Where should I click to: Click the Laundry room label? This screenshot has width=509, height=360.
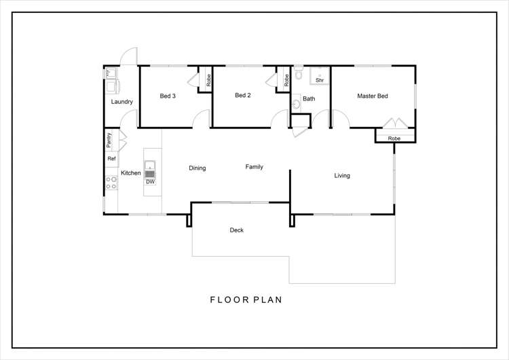(121, 102)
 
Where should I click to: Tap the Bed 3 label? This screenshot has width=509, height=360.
(168, 96)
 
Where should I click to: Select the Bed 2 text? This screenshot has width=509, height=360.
(243, 95)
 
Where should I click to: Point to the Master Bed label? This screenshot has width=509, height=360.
(373, 96)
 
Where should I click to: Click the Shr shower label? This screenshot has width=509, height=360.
(320, 80)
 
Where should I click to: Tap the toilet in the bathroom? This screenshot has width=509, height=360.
(299, 73)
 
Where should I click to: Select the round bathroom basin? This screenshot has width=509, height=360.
(296, 104)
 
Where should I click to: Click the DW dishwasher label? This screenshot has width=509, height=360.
(150, 182)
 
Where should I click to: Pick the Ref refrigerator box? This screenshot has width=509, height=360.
(111, 159)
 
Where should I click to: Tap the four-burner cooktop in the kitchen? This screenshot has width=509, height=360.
(111, 183)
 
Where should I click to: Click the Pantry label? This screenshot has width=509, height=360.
(109, 140)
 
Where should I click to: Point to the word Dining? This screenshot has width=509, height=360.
(197, 168)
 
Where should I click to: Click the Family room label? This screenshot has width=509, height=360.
(254, 166)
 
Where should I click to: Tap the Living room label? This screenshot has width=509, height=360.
(342, 175)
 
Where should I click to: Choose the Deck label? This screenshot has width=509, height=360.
(237, 230)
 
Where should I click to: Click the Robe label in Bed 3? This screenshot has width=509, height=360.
(208, 80)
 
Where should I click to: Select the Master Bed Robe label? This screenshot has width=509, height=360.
(394, 139)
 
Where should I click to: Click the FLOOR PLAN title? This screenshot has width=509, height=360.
(246, 300)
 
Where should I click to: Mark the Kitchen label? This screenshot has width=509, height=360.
(131, 173)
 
